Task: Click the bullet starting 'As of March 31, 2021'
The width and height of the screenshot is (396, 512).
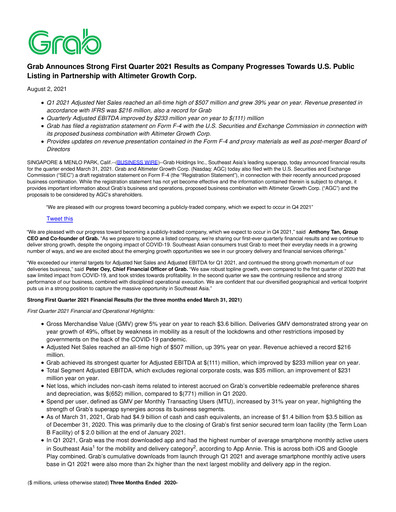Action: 200,462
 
